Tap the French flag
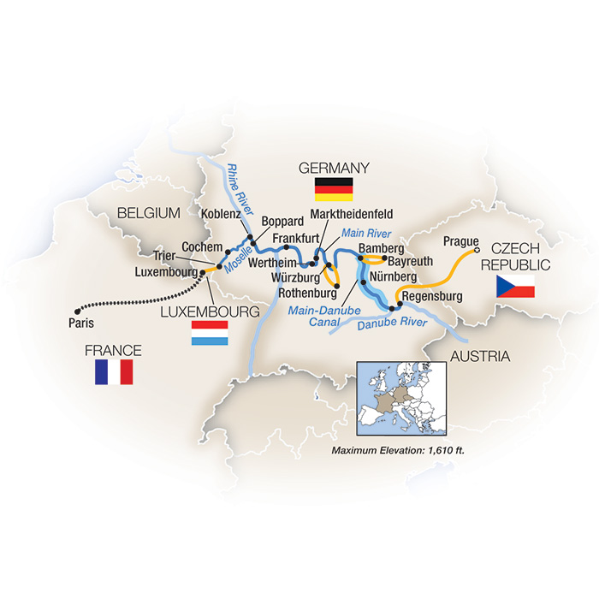tap(115, 371)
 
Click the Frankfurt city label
tap(295, 239)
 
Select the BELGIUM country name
tap(148, 211)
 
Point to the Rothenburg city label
tap(296, 292)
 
